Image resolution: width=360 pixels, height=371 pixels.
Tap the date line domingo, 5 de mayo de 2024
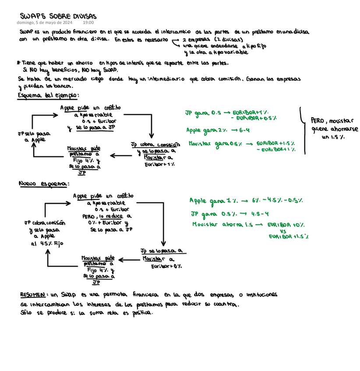[45, 23]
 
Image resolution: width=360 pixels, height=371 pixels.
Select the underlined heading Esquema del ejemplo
[48, 95]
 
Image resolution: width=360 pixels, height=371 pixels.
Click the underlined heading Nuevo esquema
[43, 184]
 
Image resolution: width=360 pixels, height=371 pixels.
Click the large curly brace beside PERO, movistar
[302, 130]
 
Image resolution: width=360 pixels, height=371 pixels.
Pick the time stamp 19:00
[88, 23]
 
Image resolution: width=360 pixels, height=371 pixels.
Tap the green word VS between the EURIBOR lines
[282, 231]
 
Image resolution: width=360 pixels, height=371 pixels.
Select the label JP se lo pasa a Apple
[31, 136]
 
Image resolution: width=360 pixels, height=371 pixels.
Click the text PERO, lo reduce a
[106, 216]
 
